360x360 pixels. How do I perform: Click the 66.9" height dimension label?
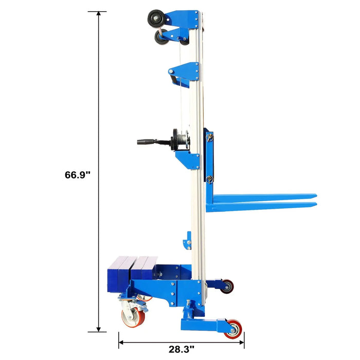pyautogui.click(x=78, y=175)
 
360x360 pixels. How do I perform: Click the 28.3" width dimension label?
pyautogui.click(x=181, y=349)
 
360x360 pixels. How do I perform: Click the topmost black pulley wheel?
pyautogui.click(x=156, y=19)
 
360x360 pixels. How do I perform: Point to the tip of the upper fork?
pyautogui.click(x=316, y=196)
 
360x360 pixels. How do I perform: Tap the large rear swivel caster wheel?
pyautogui.click(x=133, y=317)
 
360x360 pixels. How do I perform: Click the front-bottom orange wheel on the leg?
pyautogui.click(x=233, y=329)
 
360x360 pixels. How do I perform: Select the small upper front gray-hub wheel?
pyautogui.click(x=227, y=286)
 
